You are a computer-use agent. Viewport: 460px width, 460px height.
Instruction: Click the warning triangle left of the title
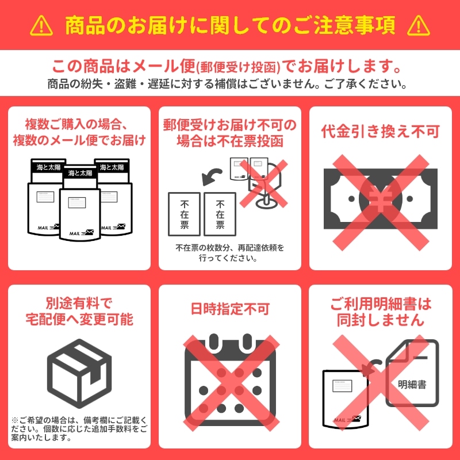click(41, 26)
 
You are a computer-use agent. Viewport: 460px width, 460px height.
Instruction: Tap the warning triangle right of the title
click(419, 26)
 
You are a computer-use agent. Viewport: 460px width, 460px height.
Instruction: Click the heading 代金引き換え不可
click(381, 131)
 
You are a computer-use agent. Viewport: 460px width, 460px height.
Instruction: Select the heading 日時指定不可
click(230, 309)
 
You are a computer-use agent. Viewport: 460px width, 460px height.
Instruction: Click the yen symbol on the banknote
click(381, 198)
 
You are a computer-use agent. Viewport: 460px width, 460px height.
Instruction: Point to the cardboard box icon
click(79, 373)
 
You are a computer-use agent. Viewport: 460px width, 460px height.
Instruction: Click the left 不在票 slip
click(184, 214)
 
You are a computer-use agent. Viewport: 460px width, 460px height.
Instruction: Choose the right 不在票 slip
click(220, 214)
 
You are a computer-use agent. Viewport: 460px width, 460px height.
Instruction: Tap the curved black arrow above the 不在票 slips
click(210, 175)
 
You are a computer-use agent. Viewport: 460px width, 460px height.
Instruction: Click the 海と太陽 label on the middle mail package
click(80, 173)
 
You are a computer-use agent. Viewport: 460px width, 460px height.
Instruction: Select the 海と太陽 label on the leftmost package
click(48, 167)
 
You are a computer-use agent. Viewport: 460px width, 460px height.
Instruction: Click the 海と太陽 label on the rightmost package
click(112, 167)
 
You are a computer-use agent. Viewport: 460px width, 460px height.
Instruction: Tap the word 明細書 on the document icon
click(412, 385)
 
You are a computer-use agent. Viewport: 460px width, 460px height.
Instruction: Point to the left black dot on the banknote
click(351, 199)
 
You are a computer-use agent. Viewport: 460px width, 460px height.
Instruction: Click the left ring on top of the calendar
click(214, 341)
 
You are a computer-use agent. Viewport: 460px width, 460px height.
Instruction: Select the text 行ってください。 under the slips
click(228, 258)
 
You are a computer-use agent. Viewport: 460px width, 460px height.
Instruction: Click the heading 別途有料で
click(79, 304)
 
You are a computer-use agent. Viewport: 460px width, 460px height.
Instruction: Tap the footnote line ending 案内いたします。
click(41, 438)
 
